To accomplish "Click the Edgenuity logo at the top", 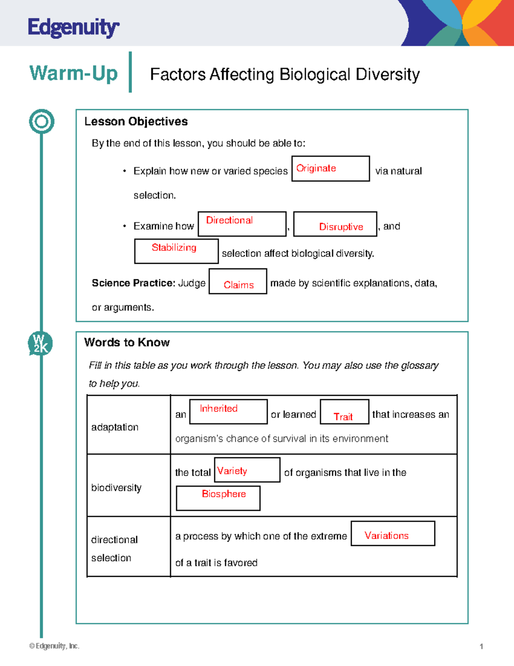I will point(73,28).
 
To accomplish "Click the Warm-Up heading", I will point(73,73).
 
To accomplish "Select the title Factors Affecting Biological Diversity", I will point(284,74).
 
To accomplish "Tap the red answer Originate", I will point(316,168).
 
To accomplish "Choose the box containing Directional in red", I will point(242,223).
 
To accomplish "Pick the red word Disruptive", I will point(341,226).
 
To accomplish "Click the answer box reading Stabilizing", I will point(176,251).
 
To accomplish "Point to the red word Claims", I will point(239,285).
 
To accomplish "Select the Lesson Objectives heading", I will point(136,121).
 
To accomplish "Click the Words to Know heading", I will point(127,342).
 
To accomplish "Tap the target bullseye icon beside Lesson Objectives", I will point(42,121).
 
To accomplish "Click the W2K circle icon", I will point(41,344).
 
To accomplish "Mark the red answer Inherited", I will point(218,408).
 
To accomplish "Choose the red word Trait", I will point(343,416).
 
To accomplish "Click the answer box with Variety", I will point(247,470).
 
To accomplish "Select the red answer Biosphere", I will point(224,494).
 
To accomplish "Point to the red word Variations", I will point(386,535).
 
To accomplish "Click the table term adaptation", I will point(115,427).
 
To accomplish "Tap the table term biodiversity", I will point(116,488).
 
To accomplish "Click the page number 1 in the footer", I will point(481,646).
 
